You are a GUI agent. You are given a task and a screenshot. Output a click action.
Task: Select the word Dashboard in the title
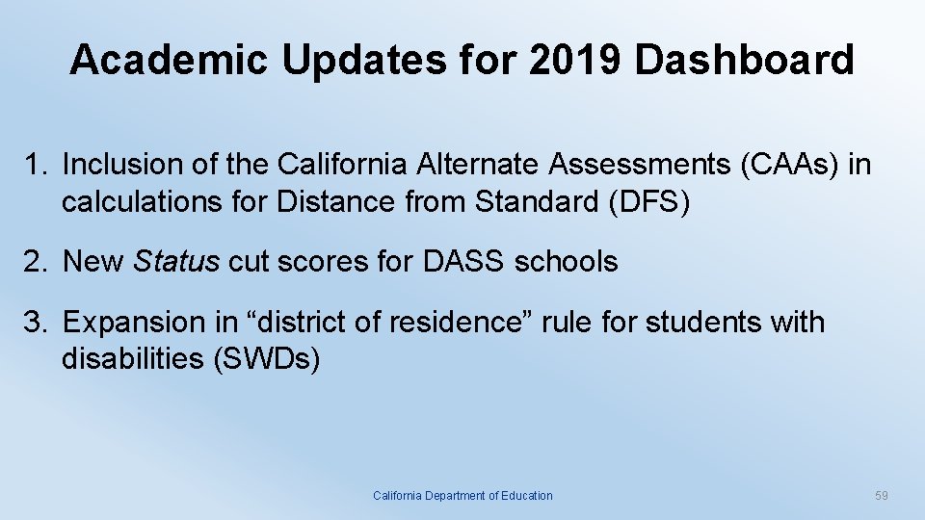[x=745, y=60]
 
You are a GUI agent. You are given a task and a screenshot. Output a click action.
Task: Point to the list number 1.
[x=34, y=165]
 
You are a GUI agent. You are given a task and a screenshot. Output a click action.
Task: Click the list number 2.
[x=34, y=261]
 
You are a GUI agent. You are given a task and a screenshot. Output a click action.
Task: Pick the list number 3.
[x=34, y=322]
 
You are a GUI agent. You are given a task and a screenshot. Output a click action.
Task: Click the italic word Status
[x=176, y=261]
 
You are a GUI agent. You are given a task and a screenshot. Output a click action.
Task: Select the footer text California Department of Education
[x=462, y=496]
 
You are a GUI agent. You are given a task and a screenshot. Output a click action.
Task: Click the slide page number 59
[x=881, y=496]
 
